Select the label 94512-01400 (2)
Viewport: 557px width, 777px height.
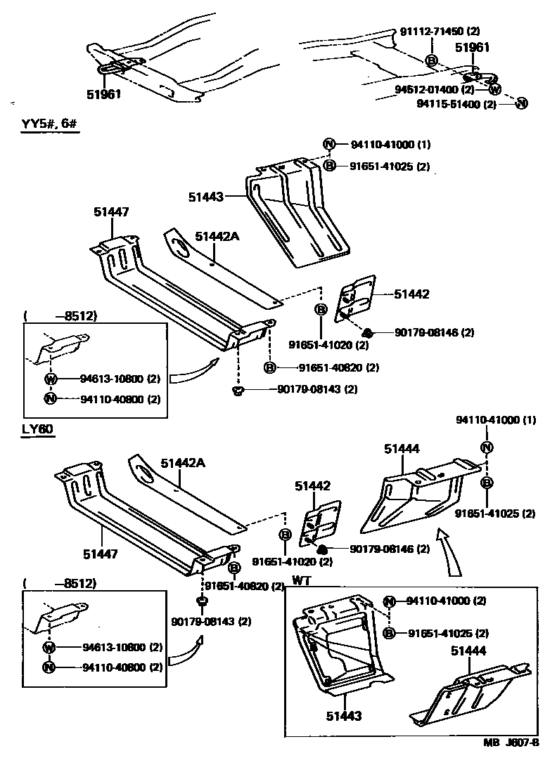click(x=435, y=90)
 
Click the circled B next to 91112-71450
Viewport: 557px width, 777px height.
click(x=431, y=60)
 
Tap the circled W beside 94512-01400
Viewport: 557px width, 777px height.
click(x=495, y=89)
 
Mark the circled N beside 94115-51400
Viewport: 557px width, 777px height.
click(x=521, y=103)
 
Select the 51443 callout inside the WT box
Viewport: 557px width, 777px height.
click(x=343, y=716)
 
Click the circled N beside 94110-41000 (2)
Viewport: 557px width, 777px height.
click(x=390, y=601)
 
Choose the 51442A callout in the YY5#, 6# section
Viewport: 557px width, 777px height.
click(x=217, y=237)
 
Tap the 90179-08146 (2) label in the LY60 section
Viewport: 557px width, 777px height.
click(x=389, y=549)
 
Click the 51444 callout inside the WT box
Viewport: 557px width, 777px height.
click(x=468, y=651)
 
